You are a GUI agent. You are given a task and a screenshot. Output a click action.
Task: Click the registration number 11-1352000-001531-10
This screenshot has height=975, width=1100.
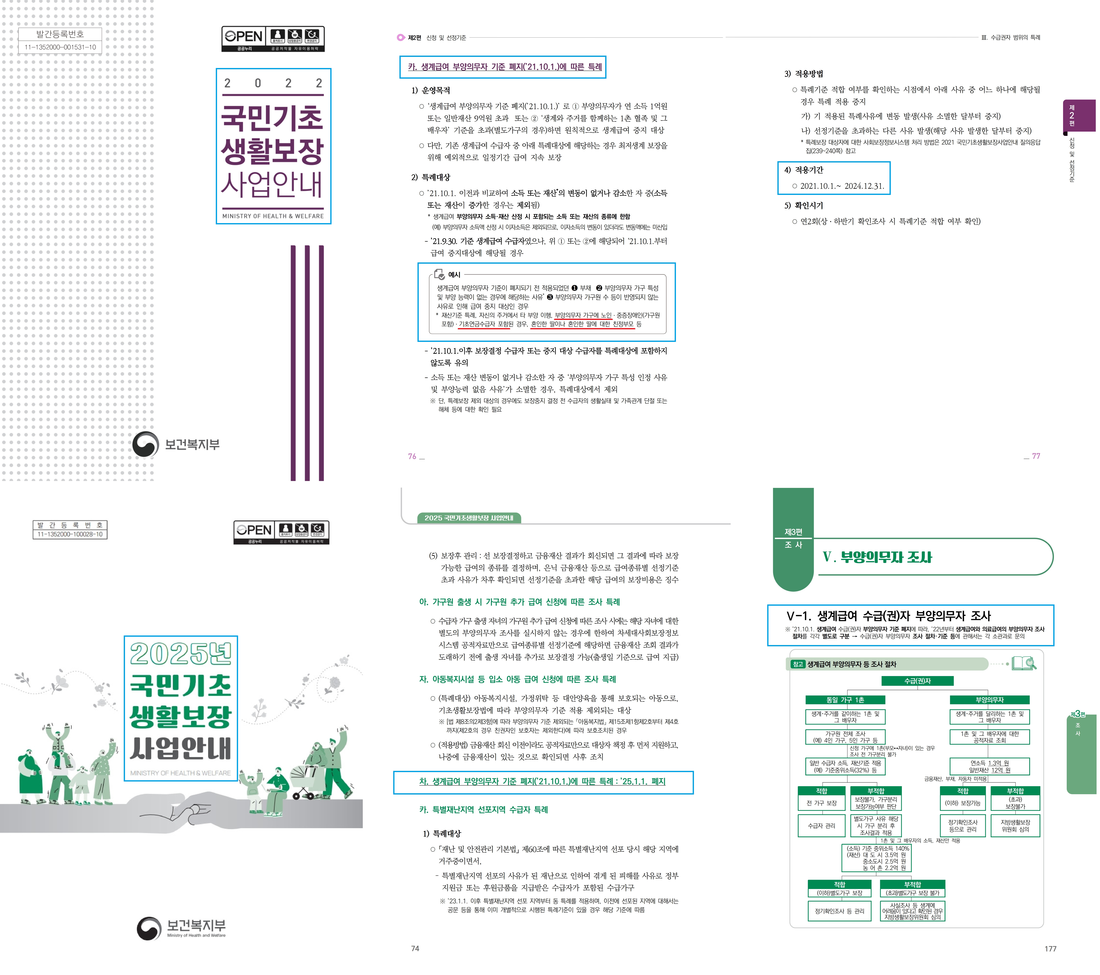pos(60,47)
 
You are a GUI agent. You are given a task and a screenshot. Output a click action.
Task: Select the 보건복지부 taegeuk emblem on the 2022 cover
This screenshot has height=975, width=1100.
pos(145,444)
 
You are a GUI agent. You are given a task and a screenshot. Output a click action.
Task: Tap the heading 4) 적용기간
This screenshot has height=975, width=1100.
pos(804,170)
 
